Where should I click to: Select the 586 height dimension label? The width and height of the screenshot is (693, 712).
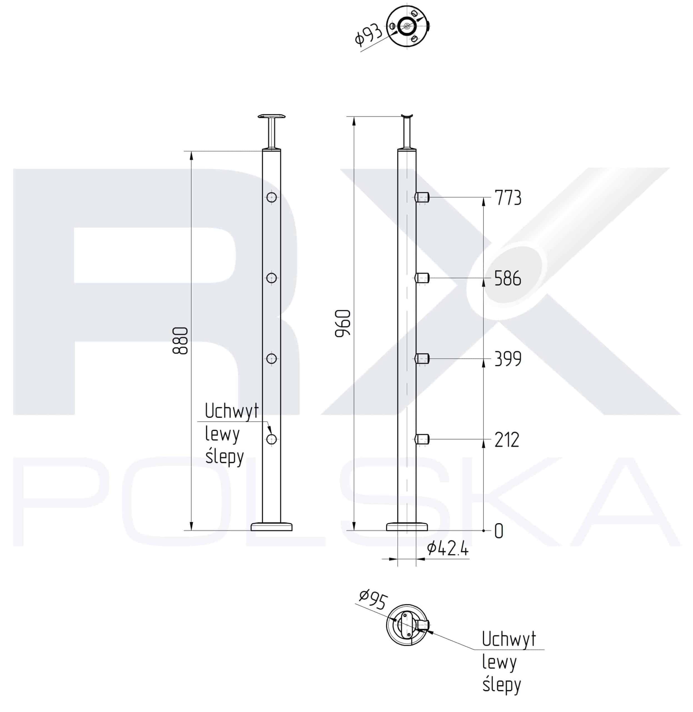tap(508, 279)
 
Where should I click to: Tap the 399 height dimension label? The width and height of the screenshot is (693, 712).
tap(508, 359)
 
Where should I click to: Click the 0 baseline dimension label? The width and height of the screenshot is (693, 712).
tap(499, 531)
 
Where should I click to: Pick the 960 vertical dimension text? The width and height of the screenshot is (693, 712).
tap(343, 323)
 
